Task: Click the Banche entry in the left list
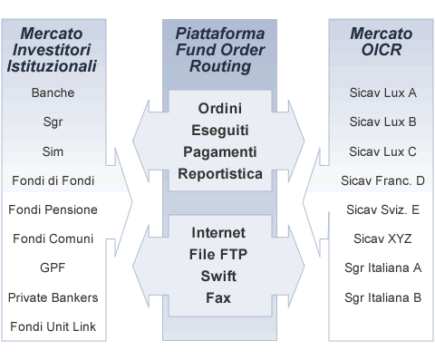(53, 92)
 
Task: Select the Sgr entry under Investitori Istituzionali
(53, 122)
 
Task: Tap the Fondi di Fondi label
(53, 180)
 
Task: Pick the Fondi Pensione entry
(53, 209)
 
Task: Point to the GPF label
(53, 268)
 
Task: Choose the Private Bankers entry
(53, 297)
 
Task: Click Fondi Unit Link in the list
(53, 326)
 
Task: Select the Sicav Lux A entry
(382, 92)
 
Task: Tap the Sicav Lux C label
(382, 151)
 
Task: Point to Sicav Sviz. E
(382, 209)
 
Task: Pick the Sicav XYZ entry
(382, 238)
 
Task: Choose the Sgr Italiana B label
(382, 297)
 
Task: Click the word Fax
(218, 297)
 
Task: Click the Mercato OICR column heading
(382, 42)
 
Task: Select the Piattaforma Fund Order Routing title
(219, 50)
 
